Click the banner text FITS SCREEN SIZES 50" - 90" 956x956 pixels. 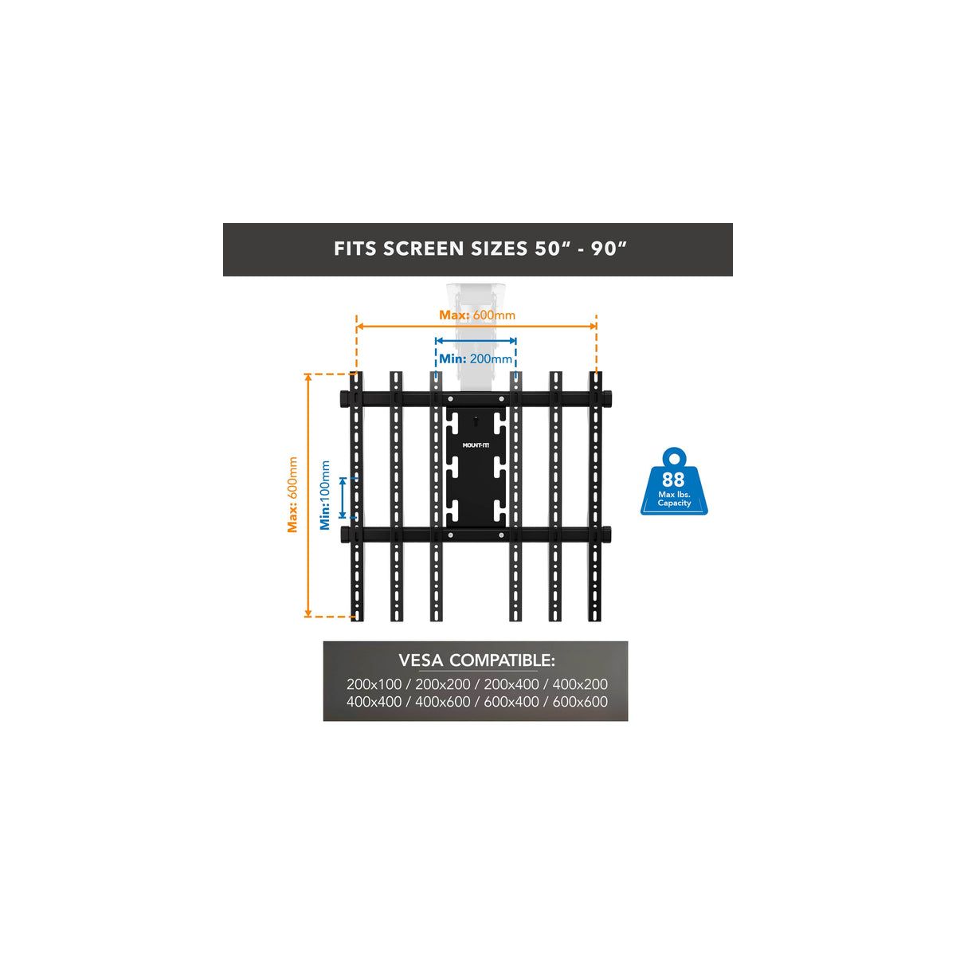click(x=477, y=249)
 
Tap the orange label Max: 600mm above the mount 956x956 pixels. click(x=477, y=315)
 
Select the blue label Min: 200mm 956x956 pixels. click(x=476, y=358)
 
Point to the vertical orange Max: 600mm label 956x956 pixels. click(x=292, y=495)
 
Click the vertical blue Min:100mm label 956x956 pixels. click(x=325, y=495)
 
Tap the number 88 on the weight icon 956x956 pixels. click(x=673, y=480)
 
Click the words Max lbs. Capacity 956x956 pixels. click(x=674, y=499)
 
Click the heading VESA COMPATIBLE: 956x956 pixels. click(x=476, y=660)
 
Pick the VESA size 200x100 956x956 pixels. click(x=374, y=684)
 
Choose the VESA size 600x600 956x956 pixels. click(x=580, y=702)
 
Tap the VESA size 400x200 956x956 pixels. click(x=580, y=684)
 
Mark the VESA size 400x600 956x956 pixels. click(x=443, y=702)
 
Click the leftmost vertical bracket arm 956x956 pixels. click(x=357, y=574)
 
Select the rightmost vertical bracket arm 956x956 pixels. click(x=595, y=574)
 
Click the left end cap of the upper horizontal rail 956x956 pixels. click(x=344, y=398)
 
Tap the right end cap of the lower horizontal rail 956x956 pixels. click(x=609, y=533)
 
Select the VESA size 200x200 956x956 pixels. click(x=443, y=684)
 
